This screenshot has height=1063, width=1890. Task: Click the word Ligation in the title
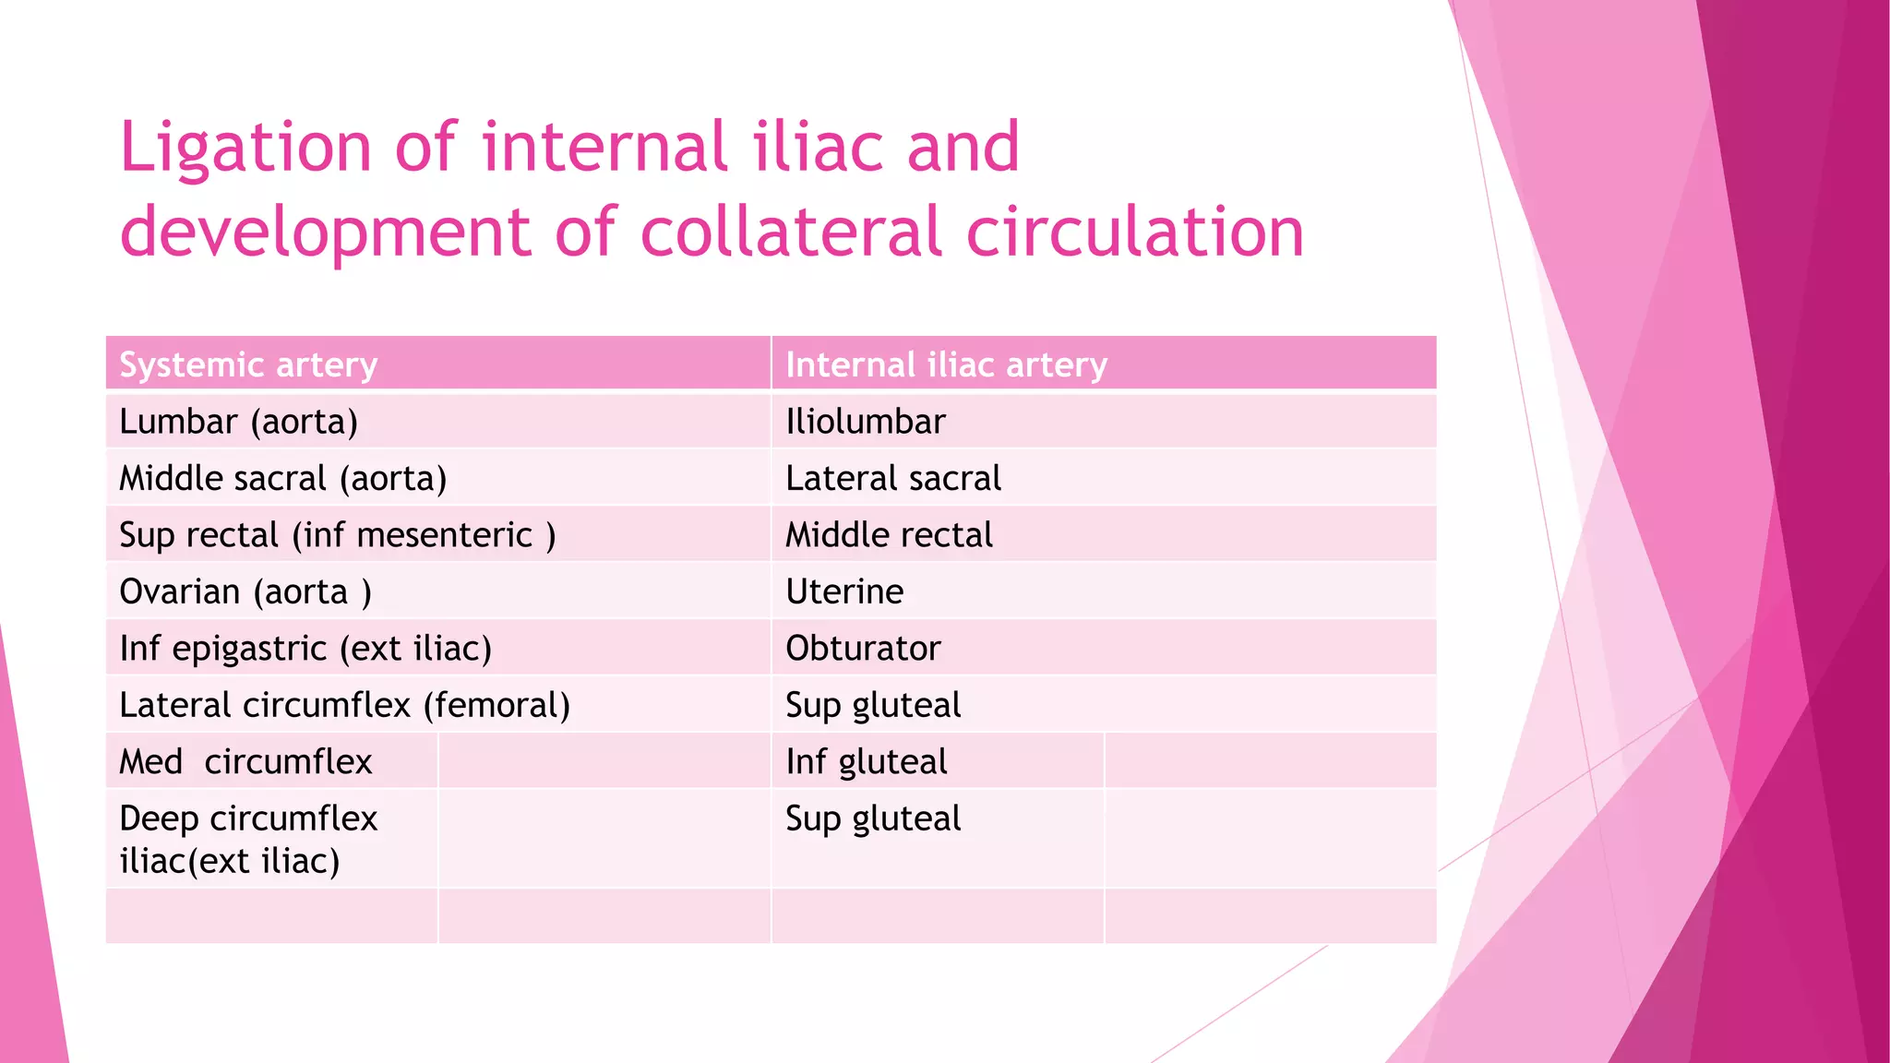tap(245, 148)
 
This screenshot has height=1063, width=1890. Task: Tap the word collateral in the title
tap(792, 232)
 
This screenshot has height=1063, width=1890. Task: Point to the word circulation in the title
tap(1134, 232)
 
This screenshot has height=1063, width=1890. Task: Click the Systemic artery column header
tap(248, 365)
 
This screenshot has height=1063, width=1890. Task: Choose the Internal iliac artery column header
tap(946, 365)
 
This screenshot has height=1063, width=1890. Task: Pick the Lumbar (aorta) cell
tap(238, 422)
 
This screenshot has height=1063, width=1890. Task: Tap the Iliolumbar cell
tap(866, 422)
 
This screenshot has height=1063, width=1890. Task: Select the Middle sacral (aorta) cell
tap(282, 479)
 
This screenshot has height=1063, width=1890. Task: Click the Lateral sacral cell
tap(893, 479)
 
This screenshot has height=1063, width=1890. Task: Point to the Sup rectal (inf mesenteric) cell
tap(337, 535)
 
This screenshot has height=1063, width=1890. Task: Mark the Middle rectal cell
tap(889, 535)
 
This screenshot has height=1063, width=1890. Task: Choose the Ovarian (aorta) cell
tap(245, 591)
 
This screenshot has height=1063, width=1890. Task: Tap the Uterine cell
tap(844, 591)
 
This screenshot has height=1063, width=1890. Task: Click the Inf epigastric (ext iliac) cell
tap(305, 649)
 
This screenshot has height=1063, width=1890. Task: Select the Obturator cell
tap(863, 649)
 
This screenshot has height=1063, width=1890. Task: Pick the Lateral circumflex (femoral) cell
tap(344, 706)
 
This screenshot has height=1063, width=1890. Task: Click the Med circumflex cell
tap(245, 762)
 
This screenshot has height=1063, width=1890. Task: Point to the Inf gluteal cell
tap(866, 762)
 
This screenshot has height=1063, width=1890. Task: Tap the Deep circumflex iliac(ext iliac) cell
tap(248, 839)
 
